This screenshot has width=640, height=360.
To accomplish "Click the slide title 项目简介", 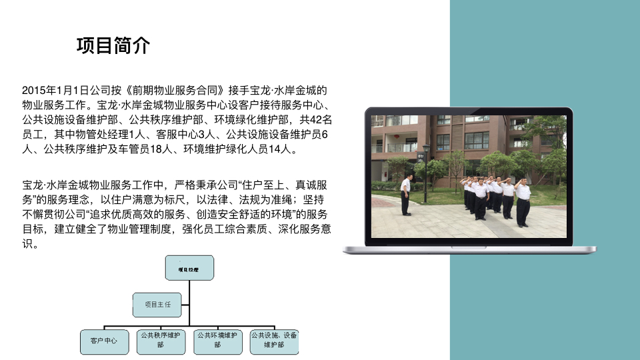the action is pyautogui.click(x=113, y=45).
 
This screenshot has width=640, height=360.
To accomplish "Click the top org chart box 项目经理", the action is pyautogui.click(x=189, y=268).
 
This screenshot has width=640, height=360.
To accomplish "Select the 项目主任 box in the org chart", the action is pyautogui.click(x=157, y=305).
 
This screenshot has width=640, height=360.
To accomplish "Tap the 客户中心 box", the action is pyautogui.click(x=105, y=341).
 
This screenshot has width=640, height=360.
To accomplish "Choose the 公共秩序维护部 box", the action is pyautogui.click(x=161, y=341).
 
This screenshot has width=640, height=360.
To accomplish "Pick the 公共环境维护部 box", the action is pyautogui.click(x=217, y=341).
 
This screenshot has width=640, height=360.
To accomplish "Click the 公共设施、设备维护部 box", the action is pyautogui.click(x=274, y=341).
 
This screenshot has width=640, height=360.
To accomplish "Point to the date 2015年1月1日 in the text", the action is pyautogui.click(x=55, y=90).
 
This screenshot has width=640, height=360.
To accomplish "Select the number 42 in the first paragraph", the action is pyautogui.click(x=316, y=119).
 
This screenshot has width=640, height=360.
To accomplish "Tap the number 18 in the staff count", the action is pyautogui.click(x=156, y=149).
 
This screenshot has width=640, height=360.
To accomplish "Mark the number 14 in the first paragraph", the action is pyautogui.click(x=274, y=149).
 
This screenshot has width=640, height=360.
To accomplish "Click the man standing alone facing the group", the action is pyautogui.click(x=405, y=195).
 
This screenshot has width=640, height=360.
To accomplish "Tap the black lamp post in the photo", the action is pyautogui.click(x=426, y=173).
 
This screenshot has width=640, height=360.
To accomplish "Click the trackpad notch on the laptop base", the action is pyautogui.click(x=469, y=247).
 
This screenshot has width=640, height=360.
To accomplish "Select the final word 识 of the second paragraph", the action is pyautogui.click(x=27, y=244).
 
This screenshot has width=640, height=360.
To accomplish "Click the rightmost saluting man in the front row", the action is pyautogui.click(x=522, y=203).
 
